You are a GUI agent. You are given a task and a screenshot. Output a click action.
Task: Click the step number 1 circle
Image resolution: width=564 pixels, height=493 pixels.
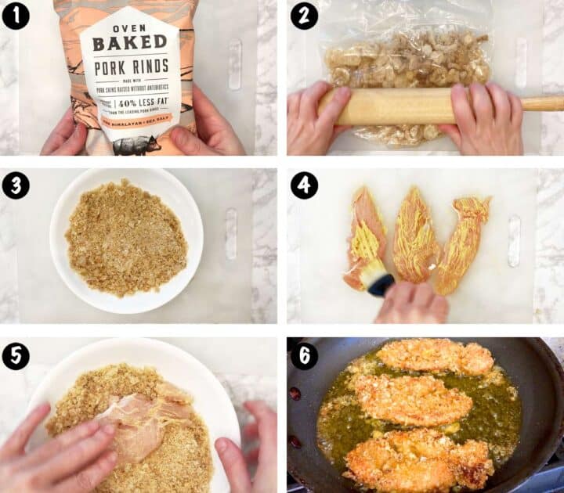(16, 16)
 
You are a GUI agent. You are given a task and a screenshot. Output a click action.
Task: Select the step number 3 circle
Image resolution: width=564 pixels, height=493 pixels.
(16, 185)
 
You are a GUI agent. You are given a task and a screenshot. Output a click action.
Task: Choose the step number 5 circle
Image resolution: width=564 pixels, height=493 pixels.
(16, 355)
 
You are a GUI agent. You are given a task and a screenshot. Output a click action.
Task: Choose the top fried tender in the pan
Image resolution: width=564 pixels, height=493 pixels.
(435, 357)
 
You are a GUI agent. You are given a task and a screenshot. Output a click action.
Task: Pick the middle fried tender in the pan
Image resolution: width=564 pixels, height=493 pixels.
(410, 399)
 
